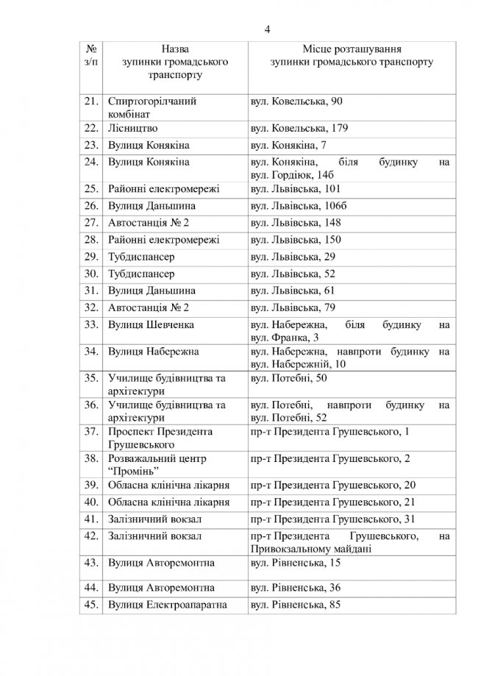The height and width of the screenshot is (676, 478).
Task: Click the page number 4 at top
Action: (x=268, y=29)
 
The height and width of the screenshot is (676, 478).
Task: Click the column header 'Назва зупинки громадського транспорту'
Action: (x=164, y=62)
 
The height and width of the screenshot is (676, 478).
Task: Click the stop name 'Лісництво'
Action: (x=133, y=128)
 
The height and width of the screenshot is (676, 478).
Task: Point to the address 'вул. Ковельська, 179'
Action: (x=299, y=128)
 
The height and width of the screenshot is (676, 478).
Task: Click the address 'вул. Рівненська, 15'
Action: (x=296, y=563)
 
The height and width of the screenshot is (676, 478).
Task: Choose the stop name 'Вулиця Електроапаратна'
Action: (x=167, y=605)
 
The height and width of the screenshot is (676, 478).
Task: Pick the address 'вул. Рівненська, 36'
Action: (x=296, y=587)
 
